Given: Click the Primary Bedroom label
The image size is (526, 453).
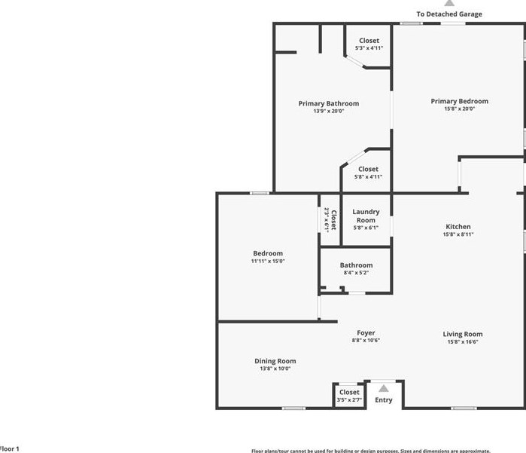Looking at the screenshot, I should [459, 101].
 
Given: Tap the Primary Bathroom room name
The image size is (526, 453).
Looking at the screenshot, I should [328, 103].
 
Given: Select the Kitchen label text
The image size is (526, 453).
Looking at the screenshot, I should [458, 226].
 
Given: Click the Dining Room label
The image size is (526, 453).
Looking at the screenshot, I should [275, 361].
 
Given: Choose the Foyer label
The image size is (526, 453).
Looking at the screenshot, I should [366, 332].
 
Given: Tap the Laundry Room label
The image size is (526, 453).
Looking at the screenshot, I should [366, 216].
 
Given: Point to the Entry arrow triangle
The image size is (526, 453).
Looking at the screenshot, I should [383, 388].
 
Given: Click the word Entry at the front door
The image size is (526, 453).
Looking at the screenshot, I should [383, 400].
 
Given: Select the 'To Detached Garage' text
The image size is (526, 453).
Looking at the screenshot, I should [449, 14].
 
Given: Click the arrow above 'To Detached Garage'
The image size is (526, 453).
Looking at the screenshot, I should [449, 3].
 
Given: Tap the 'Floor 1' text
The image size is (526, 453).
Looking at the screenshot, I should [9, 448].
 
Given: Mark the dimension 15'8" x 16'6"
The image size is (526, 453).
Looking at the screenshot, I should [463, 342].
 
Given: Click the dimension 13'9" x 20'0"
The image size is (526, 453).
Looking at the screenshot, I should [328, 112].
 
